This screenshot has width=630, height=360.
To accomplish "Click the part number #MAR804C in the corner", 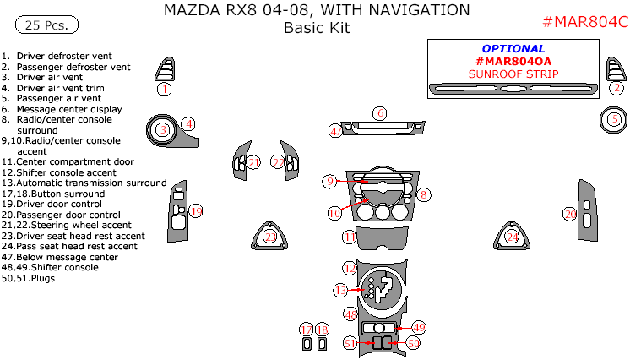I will click(584, 22).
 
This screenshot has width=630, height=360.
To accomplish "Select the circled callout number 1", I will click(165, 88).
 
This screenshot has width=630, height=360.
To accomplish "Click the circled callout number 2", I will click(617, 88).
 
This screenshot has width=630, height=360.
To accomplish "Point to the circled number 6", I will click(380, 113).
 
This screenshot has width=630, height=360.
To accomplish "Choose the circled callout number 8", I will click(425, 194).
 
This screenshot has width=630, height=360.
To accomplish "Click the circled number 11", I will click(349, 237).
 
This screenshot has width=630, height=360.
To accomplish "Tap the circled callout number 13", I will click(340, 290).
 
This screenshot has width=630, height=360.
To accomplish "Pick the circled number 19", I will click(196, 211).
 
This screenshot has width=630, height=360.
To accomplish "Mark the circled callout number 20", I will click(570, 215).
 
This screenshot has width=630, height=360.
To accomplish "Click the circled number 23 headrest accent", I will click(269, 237).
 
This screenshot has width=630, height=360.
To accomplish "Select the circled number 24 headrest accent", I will click(513, 237).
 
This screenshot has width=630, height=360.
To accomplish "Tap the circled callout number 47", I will click(336, 131).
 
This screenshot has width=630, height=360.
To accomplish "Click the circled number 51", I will click(350, 343).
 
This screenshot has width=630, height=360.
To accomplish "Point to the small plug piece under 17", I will click(306, 344).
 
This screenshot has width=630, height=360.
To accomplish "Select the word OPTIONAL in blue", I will click(513, 49).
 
